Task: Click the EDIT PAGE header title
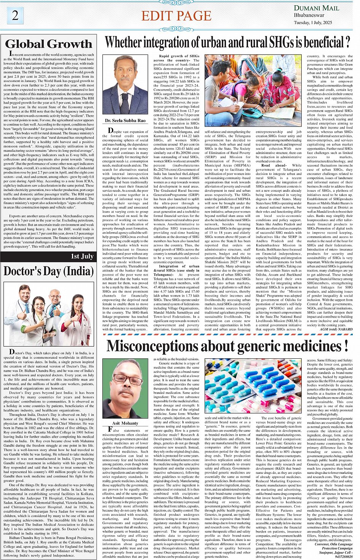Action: (176, 16)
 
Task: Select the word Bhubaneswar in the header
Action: (309, 15)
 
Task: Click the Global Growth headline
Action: (49, 44)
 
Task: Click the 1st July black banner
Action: (82, 256)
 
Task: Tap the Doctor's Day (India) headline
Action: (49, 271)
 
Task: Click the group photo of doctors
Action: (49, 314)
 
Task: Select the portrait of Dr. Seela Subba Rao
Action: (125, 85)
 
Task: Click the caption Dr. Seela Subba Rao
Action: (125, 120)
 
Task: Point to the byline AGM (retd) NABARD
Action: (336, 329)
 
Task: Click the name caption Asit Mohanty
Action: (125, 423)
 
